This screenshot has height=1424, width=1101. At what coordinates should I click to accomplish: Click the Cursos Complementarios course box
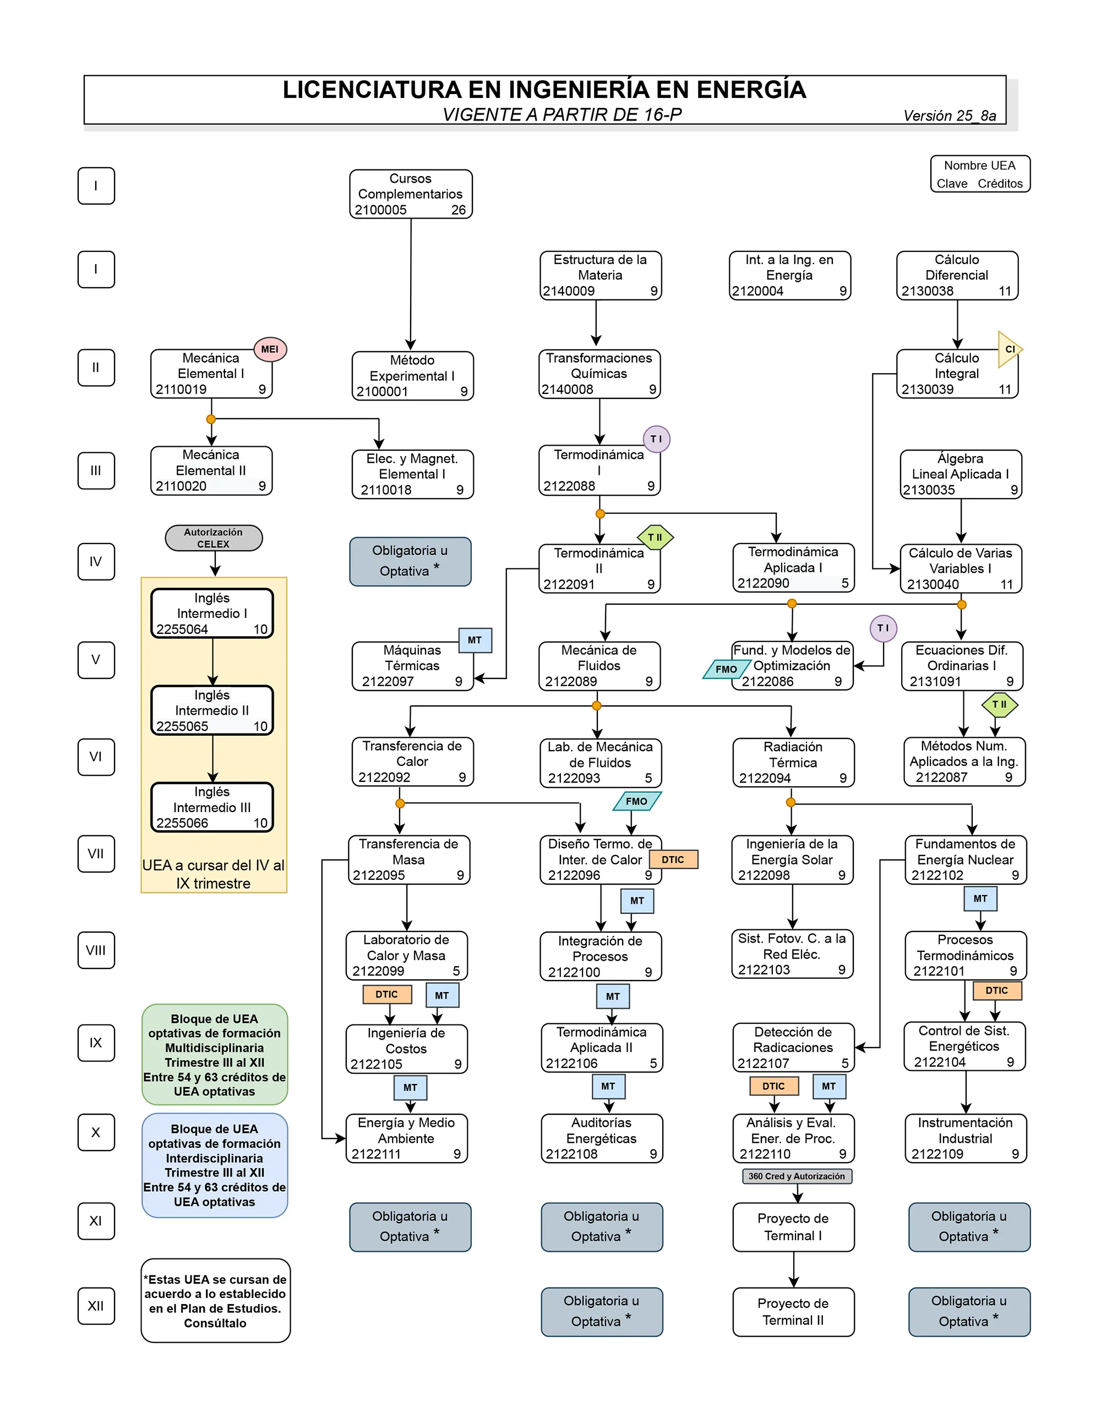pyautogui.click(x=410, y=194)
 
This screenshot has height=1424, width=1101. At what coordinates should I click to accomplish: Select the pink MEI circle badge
pyautogui.click(x=269, y=349)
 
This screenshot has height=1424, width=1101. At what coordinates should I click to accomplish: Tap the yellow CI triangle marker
pyautogui.click(x=1009, y=349)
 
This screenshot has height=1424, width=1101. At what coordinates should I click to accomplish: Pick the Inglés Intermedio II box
pyautogui.click(x=212, y=710)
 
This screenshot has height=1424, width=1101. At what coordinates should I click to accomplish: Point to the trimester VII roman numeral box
pyautogui.click(x=96, y=853)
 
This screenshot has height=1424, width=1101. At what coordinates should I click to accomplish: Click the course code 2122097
pyautogui.click(x=388, y=681)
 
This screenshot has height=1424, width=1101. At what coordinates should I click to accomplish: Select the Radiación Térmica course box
pyautogui.click(x=793, y=762)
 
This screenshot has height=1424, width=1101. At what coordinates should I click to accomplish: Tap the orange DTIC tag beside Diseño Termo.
pyautogui.click(x=673, y=859)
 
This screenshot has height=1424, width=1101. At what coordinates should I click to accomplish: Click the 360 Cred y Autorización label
pyautogui.click(x=797, y=1176)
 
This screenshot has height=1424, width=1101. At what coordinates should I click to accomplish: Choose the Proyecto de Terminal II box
pyautogui.click(x=793, y=1311)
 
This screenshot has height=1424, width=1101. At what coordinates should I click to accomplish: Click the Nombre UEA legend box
pyautogui.click(x=980, y=174)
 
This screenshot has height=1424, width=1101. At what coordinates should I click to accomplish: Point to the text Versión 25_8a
pyautogui.click(x=949, y=116)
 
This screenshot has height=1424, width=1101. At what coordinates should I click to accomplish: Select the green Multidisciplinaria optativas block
pyautogui.click(x=214, y=1054)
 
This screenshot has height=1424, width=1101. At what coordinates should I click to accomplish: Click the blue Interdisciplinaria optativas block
pyautogui.click(x=214, y=1164)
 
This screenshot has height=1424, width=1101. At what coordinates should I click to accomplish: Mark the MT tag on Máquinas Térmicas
pyautogui.click(x=475, y=640)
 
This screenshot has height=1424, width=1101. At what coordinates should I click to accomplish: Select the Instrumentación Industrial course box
pyautogui.click(x=966, y=1138)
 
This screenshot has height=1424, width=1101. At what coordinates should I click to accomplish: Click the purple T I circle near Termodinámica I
pyautogui.click(x=656, y=439)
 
